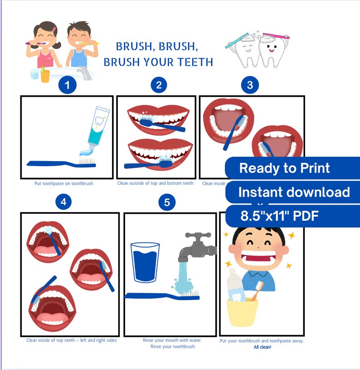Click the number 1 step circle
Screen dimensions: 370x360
[x=68, y=85]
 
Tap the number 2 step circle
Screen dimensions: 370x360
[x=159, y=85]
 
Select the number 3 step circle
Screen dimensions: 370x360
[x=250, y=85]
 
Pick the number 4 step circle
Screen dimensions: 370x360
[x=63, y=202]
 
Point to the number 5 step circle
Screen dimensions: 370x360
[x=167, y=202]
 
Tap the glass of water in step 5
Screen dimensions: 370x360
[x=145, y=262]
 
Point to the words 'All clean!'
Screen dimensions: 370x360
[x=262, y=347]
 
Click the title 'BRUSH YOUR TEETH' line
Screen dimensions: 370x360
[x=158, y=62]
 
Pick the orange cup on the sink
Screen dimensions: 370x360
[x=45, y=74]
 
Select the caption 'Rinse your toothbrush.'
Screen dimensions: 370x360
[x=173, y=347]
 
